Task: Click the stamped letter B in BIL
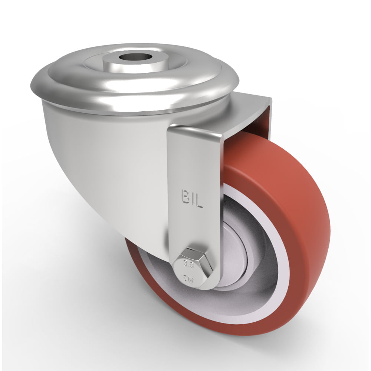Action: coord(184,197)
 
